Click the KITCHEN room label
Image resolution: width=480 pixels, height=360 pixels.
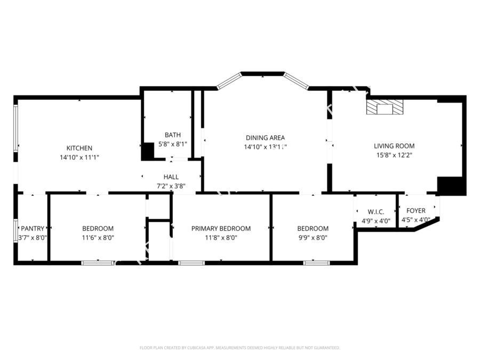(79, 148)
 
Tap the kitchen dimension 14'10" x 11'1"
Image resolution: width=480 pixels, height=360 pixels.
(79, 157)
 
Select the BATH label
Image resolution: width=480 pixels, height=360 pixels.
(173, 135)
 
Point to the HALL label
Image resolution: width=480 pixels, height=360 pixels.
(171, 177)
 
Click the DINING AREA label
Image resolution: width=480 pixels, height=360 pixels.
(265, 138)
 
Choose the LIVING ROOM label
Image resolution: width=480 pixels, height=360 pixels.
(394, 146)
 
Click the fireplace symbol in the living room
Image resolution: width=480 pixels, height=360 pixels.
(385, 108)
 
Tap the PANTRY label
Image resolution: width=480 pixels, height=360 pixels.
(33, 229)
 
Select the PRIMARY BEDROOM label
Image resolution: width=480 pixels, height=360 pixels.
(221, 229)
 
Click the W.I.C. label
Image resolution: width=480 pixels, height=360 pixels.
(375, 212)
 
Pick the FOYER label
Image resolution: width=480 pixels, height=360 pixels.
(416, 211)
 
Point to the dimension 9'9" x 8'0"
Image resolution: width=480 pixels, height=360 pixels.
(313, 238)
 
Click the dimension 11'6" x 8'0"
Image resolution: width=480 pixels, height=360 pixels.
(98, 238)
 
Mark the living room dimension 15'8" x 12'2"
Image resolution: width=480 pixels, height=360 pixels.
(394, 155)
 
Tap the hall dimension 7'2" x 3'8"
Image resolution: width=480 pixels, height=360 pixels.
(171, 186)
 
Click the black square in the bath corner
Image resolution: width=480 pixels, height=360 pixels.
(147, 151)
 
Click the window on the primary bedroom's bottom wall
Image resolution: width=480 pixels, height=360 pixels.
(191, 263)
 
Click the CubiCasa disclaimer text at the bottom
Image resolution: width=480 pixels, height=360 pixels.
(239, 348)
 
